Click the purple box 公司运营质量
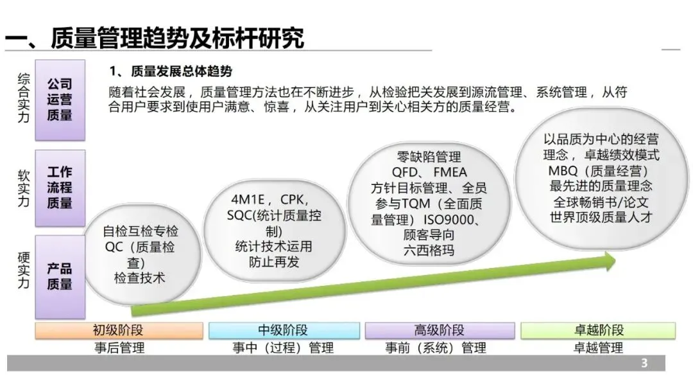point(60,100)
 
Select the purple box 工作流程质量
point(60,188)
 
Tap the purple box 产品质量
point(60,276)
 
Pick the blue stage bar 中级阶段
point(283,331)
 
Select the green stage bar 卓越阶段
point(598,331)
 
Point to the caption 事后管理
point(119,348)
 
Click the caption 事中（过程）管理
point(283,348)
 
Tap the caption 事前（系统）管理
point(435,348)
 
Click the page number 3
point(645,364)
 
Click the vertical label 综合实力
point(23,97)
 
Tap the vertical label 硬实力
point(23,270)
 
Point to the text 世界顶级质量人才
point(601,217)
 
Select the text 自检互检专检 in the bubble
point(141,231)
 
